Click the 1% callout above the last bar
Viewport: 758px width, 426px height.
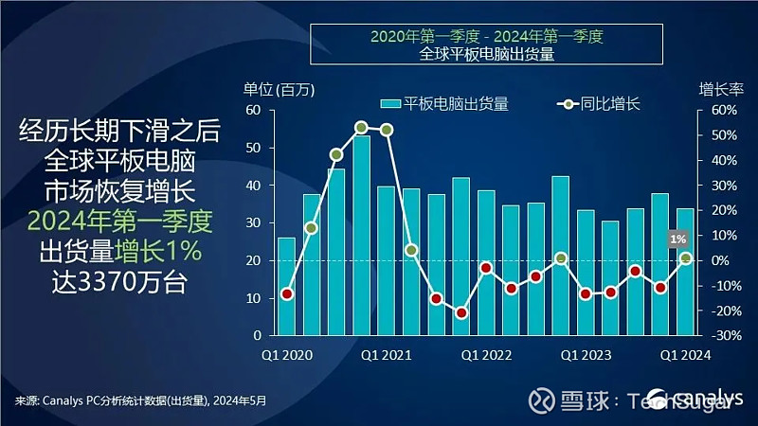pos(677,240)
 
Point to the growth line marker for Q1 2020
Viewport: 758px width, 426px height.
pos(286,293)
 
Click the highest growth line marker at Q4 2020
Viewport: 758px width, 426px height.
pos(361,127)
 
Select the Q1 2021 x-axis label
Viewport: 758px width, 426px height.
pos(385,355)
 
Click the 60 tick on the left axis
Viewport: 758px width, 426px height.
pos(253,110)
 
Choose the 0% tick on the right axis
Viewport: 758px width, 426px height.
pos(719,260)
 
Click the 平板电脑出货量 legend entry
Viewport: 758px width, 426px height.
pos(445,104)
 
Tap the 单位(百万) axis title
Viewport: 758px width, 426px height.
pos(279,90)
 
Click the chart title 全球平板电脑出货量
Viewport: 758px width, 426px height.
pos(486,54)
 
